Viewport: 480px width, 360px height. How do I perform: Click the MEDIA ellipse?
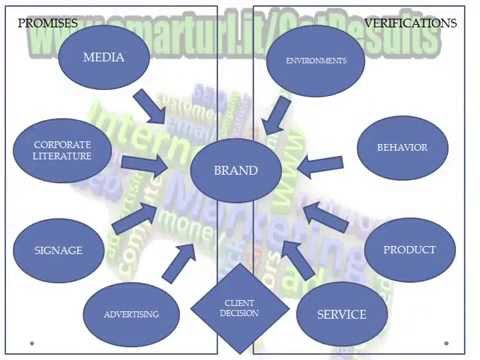[x=104, y=57]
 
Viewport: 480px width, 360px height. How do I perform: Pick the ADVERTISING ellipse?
[x=130, y=313]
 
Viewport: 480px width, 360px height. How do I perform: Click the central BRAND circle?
[x=236, y=171]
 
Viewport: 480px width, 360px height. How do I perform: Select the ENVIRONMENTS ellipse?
[x=315, y=61]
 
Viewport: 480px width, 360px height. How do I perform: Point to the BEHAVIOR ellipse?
[x=402, y=148]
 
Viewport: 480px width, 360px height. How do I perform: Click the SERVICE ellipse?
[x=341, y=313]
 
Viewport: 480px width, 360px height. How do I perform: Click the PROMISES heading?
[x=48, y=22]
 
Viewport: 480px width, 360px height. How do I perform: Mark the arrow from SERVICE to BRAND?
[x=296, y=257]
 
